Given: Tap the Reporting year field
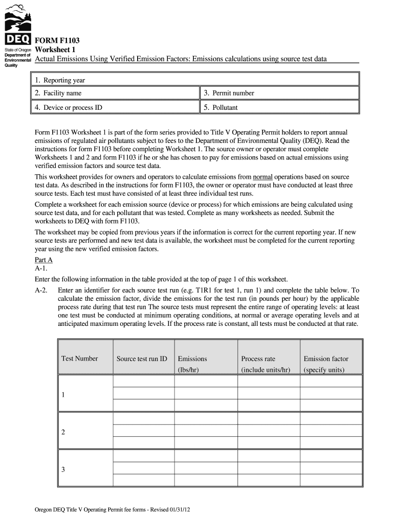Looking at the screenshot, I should tap(194, 80).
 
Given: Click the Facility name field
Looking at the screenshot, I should tap(115, 93).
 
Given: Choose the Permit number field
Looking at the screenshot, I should tap(279, 93).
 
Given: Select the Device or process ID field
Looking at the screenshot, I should tap(115, 107).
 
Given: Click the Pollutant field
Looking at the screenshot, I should tap(279, 107).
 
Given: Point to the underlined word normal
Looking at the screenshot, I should tap(270, 177).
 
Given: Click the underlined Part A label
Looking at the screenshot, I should tap(43, 260).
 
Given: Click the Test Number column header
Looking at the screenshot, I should tap(79, 359).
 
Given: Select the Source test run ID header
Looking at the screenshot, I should tap(142, 359).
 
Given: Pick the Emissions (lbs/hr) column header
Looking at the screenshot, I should tap(192, 364).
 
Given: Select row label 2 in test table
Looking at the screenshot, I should tap(63, 432).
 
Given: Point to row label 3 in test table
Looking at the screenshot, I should tap(63, 469).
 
